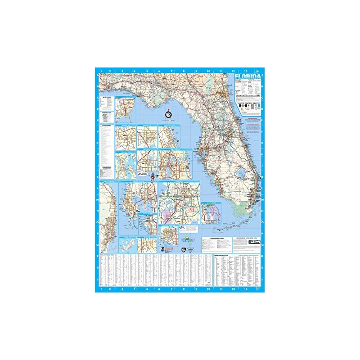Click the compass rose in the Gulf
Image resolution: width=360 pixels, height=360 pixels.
point(168,115)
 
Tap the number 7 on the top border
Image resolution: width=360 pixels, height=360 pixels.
point(171,71)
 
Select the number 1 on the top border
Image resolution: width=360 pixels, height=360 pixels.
point(102,71)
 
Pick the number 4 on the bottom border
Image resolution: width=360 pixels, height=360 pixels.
point(135,289)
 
